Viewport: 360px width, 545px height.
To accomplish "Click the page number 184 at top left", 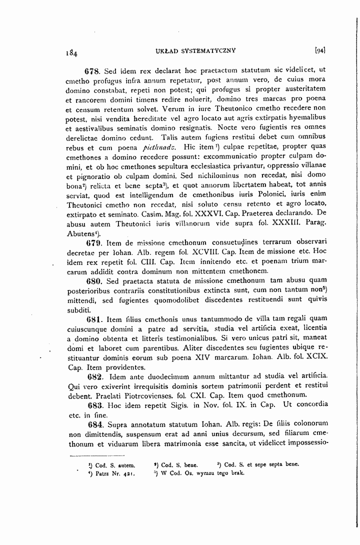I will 71,51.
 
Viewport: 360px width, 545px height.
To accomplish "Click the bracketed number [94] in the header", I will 320,50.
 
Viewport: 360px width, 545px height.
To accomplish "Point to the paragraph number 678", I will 94,70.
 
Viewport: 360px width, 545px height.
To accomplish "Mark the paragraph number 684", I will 94,424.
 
